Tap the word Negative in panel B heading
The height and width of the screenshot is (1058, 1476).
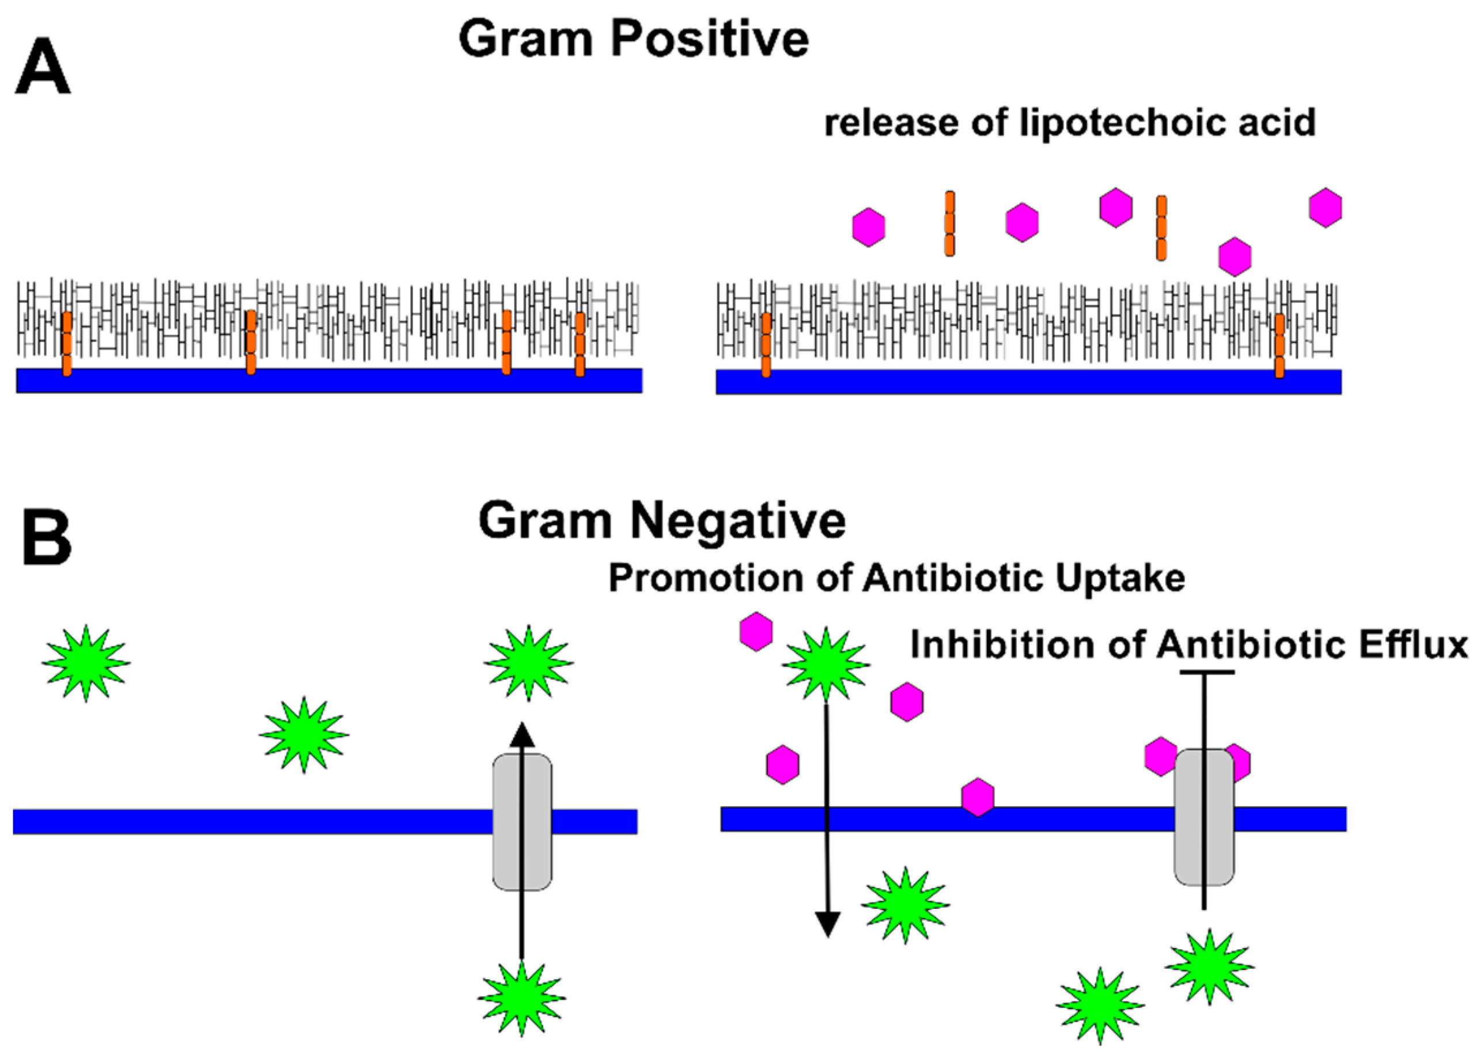coord(737,521)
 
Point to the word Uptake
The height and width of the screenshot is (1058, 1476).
coord(1119,578)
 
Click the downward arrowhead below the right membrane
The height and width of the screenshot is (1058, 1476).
coord(828,924)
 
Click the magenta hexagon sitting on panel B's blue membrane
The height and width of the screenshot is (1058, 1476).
coord(978,797)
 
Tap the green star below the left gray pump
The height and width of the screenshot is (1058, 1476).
coord(522,998)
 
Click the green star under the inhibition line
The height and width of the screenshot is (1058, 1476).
coord(1209,967)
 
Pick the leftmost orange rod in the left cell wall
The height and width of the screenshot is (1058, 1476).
coord(66,344)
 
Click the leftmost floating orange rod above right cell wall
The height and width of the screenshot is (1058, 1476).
coord(949,223)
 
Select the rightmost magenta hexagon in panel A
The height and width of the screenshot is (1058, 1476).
coord(1326,207)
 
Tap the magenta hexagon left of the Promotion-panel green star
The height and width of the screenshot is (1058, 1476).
coord(756,631)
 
